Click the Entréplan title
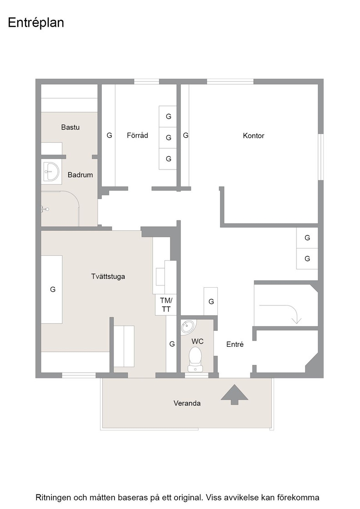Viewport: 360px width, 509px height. click(36, 23)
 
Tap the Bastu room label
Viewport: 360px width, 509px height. click(70, 127)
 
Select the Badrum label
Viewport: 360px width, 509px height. click(80, 175)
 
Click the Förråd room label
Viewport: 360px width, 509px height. click(137, 135)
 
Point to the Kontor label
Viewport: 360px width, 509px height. click(254, 136)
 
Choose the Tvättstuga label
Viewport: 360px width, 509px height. click(108, 277)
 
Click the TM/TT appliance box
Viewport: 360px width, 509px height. click(166, 305)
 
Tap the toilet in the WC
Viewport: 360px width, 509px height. click(195, 359)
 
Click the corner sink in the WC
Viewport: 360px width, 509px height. click(188, 327)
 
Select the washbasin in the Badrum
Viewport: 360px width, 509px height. click(51, 171)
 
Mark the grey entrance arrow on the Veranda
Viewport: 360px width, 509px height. click(235, 395)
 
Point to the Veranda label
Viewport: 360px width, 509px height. click(187, 403)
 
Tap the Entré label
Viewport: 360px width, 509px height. click(235, 344)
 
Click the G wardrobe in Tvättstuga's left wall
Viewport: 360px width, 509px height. click(52, 289)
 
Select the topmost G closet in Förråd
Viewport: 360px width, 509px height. click(168, 116)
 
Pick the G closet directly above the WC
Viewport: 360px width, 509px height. click(210, 301)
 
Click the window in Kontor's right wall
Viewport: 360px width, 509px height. click(321, 157)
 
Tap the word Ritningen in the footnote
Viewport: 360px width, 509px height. click(53, 498)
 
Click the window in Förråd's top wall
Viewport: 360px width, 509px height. click(146, 81)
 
